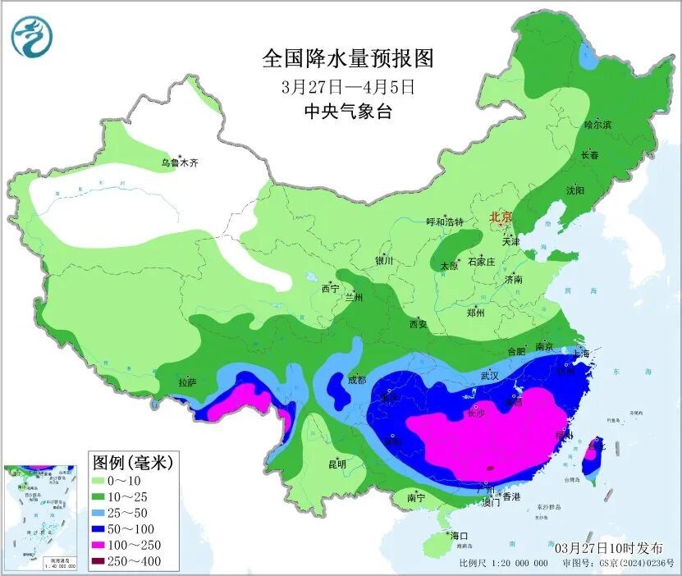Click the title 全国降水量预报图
pos(347,58)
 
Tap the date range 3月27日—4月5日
pos(347,85)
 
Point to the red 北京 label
pos(500,217)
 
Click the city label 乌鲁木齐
pos(179,163)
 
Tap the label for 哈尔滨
pos(597,125)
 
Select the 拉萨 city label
pos(187,382)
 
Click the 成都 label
pos(356,380)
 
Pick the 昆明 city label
pos(337,464)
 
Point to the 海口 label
pos(458,536)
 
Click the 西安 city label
pos(418,324)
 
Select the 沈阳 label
pos(575,190)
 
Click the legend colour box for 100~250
pos(102,545)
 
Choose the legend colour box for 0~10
pos(102,480)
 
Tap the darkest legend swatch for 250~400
pos(102,561)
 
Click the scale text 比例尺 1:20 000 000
pos(503,564)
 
